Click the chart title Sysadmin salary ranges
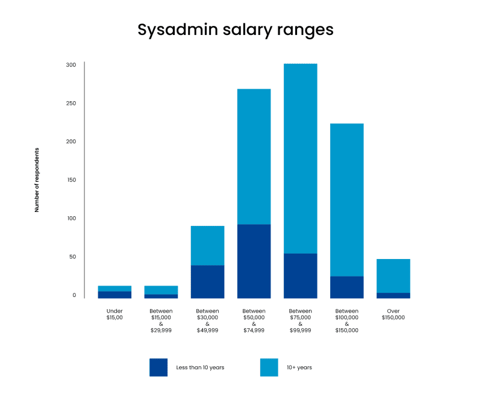(235, 30)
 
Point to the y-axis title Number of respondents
(37, 180)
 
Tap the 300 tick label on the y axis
(71, 65)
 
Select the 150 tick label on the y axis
(71, 180)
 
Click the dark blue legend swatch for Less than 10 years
(158, 367)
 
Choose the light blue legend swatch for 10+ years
(269, 367)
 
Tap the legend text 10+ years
(299, 367)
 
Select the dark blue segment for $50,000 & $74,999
(254, 261)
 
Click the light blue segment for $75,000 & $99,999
(300, 158)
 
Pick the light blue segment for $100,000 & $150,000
(346, 199)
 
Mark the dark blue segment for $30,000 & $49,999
(207, 281)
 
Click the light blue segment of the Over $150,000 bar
(393, 276)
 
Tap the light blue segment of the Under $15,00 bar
(114, 289)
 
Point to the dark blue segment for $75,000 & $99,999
(300, 275)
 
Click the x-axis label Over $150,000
(393, 314)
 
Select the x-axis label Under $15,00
(114, 314)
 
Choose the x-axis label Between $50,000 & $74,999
(254, 320)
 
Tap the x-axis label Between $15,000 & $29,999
(161, 320)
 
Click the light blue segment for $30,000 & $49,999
(207, 245)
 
